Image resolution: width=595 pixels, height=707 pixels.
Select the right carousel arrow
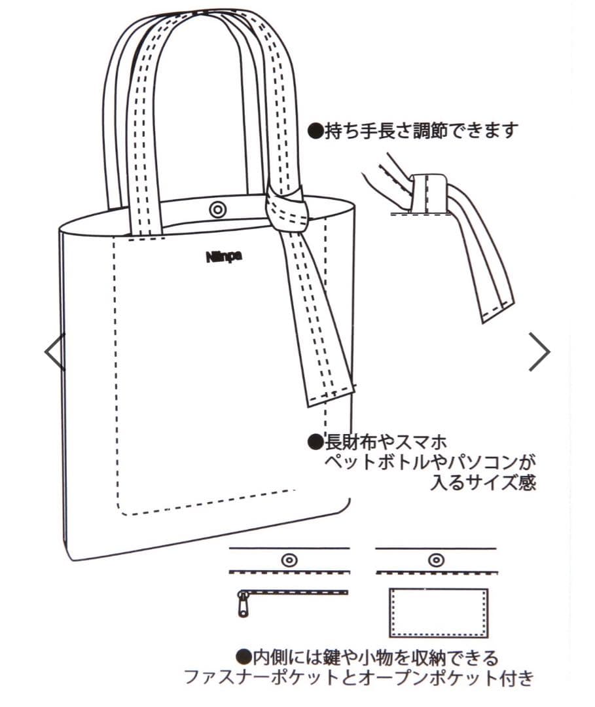[x=539, y=352]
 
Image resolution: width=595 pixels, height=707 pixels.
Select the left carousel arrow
[x=55, y=352]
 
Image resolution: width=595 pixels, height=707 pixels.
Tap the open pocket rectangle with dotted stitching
[x=439, y=612]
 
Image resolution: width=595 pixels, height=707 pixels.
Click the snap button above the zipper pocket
[x=289, y=560]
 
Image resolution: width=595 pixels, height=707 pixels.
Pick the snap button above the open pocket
[x=435, y=560]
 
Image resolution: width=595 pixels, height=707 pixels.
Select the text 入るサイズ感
[x=483, y=484]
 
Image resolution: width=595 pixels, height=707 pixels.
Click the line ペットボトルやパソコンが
[x=431, y=463]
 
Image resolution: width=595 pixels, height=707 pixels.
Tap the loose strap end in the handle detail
[x=496, y=308]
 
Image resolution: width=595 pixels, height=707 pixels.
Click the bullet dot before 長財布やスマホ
[x=316, y=441]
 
